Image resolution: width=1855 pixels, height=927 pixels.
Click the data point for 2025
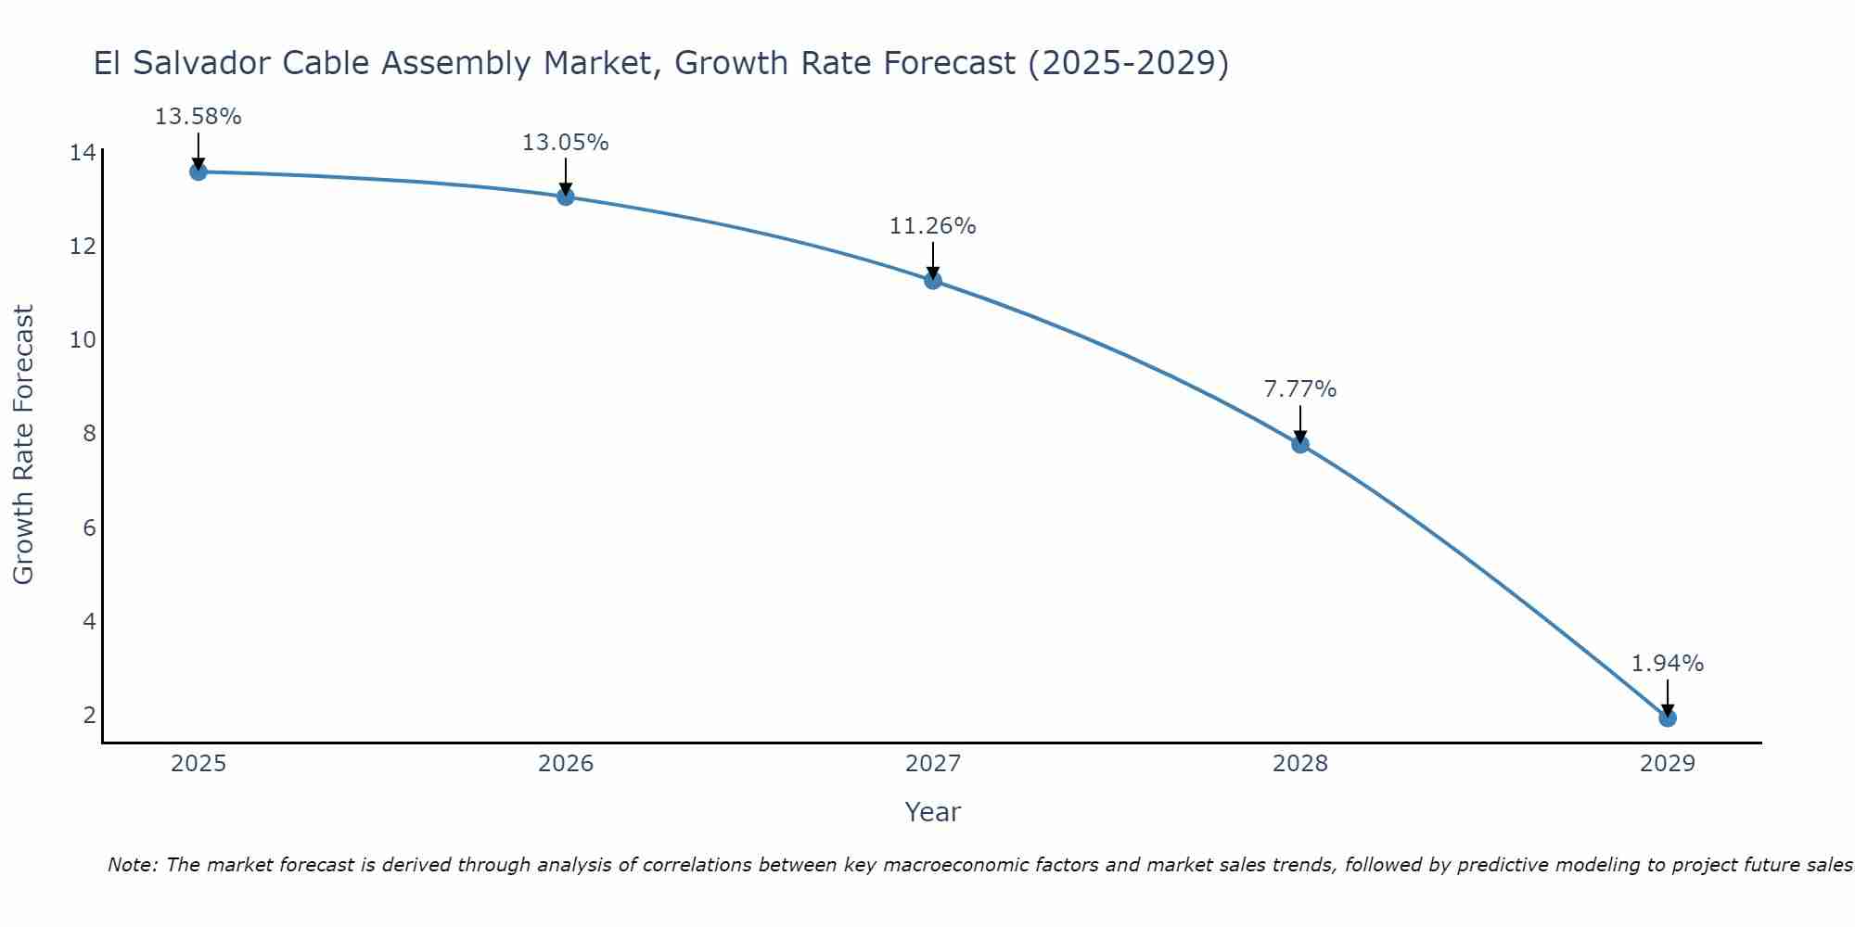coord(198,171)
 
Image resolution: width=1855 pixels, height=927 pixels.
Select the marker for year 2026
coord(565,197)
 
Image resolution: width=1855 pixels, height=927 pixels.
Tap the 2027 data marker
coord(932,280)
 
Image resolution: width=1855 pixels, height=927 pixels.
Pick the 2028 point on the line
coord(1299,444)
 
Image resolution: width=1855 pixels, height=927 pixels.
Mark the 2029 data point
coord(1667,717)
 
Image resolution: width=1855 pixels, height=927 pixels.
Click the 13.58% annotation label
coord(198,117)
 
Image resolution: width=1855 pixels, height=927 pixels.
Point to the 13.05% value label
coord(565,143)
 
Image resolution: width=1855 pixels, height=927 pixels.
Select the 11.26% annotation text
coord(932,226)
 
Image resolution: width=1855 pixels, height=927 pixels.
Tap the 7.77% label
coord(1299,389)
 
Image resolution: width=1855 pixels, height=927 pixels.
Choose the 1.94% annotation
coord(1667,664)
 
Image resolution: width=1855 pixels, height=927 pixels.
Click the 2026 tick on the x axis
coord(565,764)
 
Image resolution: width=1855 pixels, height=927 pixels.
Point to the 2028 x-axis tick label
coord(1299,764)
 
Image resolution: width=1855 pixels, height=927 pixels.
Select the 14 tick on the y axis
coord(83,152)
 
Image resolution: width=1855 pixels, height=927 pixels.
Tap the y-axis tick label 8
coord(89,434)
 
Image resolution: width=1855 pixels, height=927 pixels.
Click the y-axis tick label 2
coord(89,715)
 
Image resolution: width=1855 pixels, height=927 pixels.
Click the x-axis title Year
coord(932,812)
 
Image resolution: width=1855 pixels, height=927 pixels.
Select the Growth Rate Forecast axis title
coord(24,445)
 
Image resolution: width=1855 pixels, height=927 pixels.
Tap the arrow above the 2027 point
coord(932,260)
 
